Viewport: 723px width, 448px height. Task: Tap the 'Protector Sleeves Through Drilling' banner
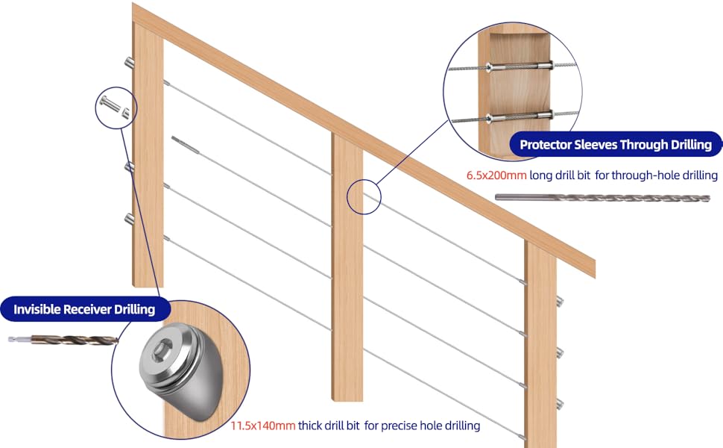(x=615, y=145)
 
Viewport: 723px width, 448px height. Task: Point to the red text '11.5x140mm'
(x=262, y=426)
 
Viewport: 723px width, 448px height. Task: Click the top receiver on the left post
(x=130, y=63)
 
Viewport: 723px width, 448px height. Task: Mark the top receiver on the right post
(x=560, y=302)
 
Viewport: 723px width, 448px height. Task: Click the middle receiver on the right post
(x=560, y=351)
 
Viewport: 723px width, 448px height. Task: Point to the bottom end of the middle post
(x=347, y=396)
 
